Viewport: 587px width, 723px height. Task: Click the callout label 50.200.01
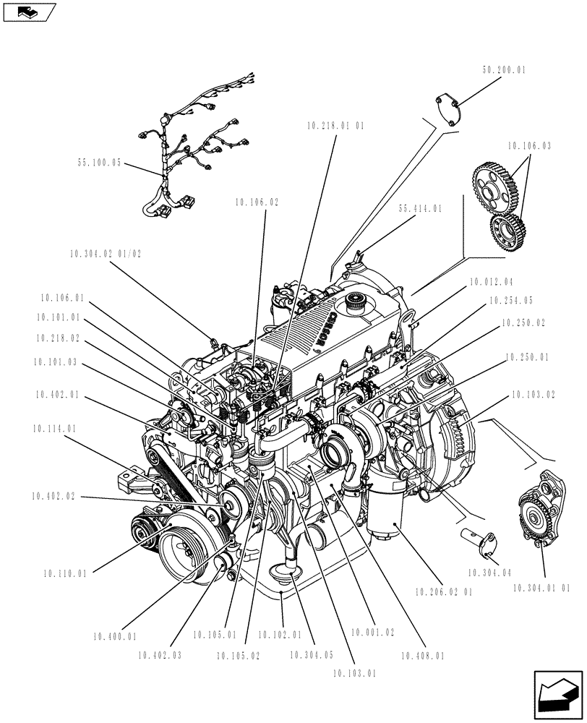coord(504,71)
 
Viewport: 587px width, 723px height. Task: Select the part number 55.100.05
coord(100,164)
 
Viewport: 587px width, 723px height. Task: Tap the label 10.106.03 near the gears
coord(528,146)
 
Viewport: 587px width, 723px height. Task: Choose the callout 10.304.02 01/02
coord(106,254)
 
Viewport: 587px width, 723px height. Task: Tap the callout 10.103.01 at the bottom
coord(354,673)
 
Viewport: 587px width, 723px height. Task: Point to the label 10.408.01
coord(422,656)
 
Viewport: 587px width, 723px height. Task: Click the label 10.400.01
coord(114,636)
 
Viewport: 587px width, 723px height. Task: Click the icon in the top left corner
coord(30,11)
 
